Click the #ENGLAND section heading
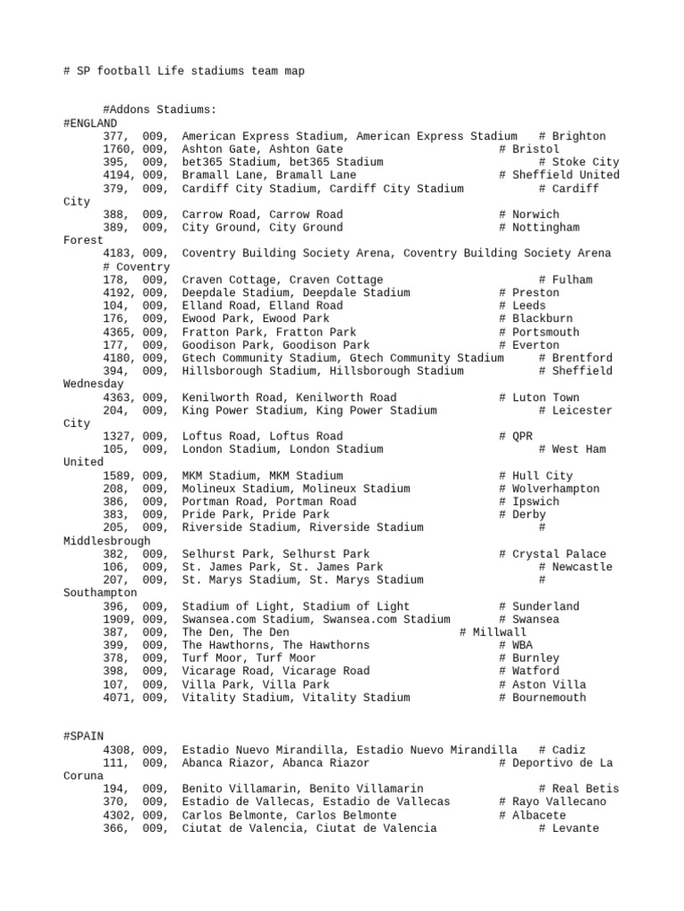pos(90,123)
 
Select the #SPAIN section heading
pos(84,737)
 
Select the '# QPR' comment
pos(519,436)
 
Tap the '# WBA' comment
pos(519,645)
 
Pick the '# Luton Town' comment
pos(539,397)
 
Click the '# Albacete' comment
pos(533,815)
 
